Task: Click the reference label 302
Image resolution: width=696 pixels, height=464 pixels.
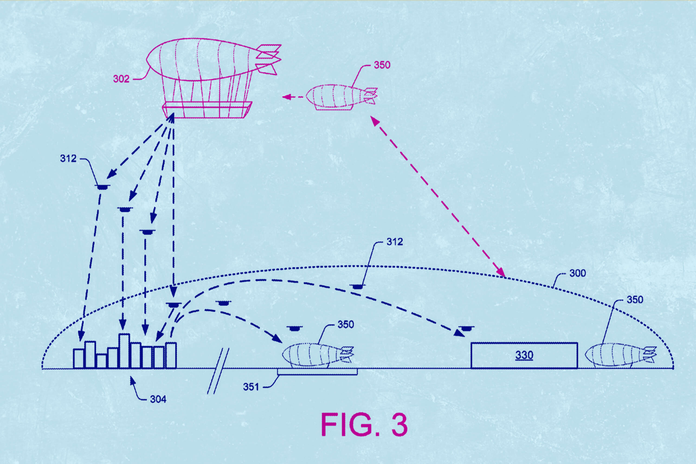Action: [x=121, y=79]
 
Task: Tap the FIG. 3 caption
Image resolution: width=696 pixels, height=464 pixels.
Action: [x=364, y=425]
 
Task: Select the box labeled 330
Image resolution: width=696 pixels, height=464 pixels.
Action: [x=524, y=355]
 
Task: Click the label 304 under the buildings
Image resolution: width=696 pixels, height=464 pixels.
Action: [x=158, y=399]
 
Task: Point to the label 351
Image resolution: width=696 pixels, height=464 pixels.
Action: [x=251, y=387]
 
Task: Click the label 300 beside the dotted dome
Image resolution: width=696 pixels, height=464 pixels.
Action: [x=577, y=273]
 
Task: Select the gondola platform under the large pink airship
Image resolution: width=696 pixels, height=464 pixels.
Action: [x=207, y=110]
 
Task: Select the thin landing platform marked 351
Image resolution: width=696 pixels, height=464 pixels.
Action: [x=317, y=372]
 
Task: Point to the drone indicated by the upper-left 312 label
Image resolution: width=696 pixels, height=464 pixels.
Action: [x=102, y=187]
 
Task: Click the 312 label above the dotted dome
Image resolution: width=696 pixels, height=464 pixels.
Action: [x=394, y=242]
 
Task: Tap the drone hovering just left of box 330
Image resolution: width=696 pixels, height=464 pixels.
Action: [x=466, y=328]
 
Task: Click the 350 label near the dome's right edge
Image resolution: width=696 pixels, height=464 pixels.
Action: [x=635, y=300]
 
